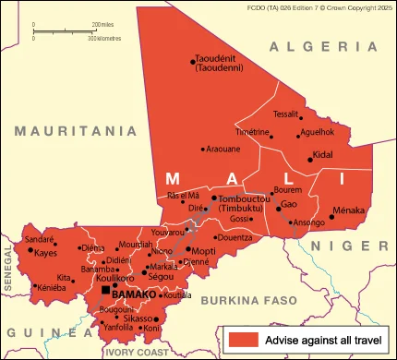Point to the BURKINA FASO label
point(250,300)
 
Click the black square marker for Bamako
point(105,293)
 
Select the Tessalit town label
point(286,114)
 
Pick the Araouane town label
point(223,149)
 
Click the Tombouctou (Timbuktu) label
point(246,203)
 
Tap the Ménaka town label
point(348,211)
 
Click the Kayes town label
point(46,253)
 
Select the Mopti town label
point(204,250)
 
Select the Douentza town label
point(235,237)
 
